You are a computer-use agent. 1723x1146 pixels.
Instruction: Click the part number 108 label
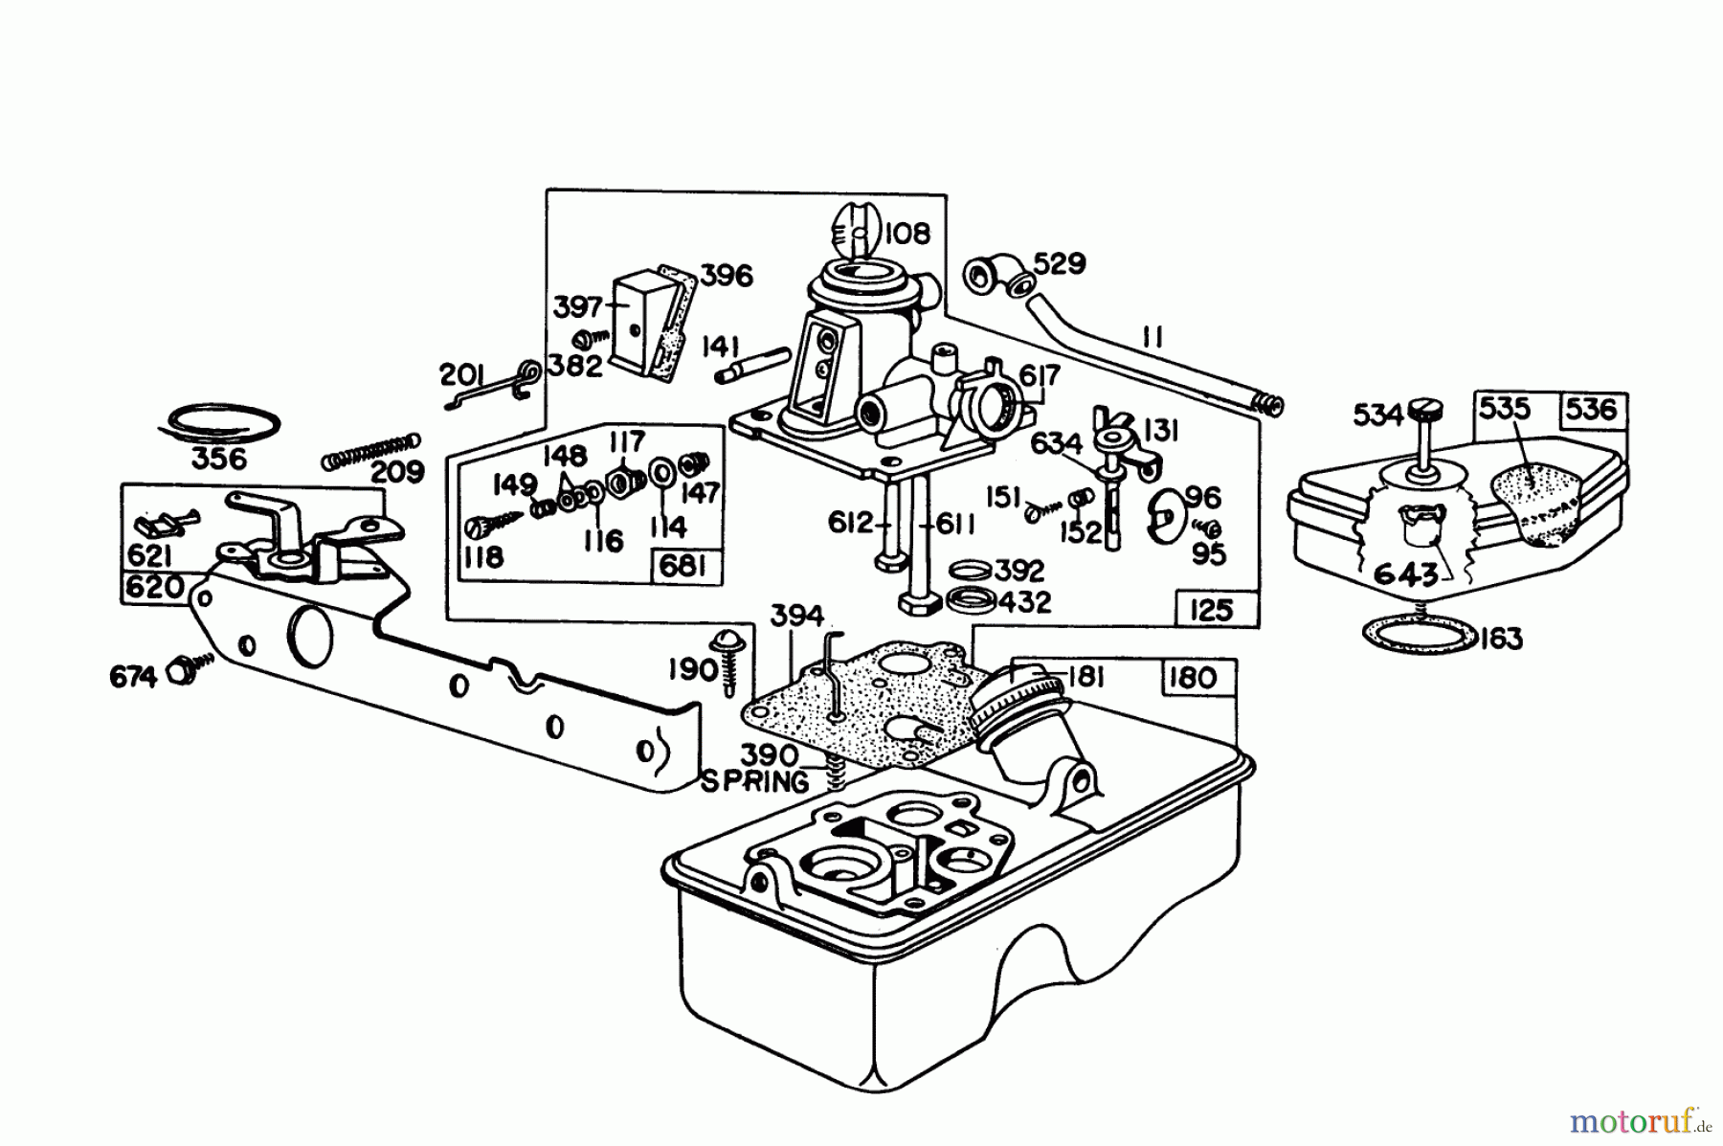tap(906, 233)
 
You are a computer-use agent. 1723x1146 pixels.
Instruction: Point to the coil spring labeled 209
tap(371, 451)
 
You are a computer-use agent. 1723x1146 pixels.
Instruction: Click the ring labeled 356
tap(219, 422)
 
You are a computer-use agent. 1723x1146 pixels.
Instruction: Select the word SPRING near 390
tap(755, 782)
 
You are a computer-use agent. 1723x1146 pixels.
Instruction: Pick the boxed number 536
tap(1592, 410)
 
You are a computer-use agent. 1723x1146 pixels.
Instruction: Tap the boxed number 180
tap(1193, 678)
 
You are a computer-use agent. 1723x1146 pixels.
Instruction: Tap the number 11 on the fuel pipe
tap(1152, 336)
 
